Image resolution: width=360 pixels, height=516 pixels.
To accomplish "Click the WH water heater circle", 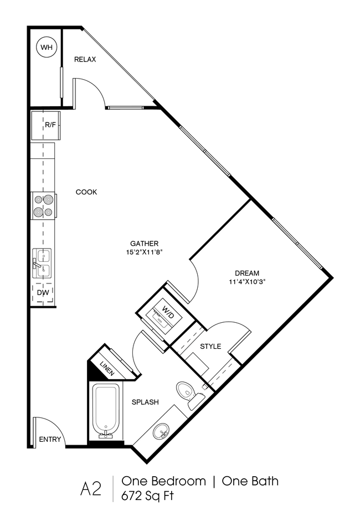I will pos(45,48).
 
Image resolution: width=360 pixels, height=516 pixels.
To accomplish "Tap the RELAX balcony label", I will pos(85,59).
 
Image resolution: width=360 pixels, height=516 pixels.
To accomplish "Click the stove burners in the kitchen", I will pos(44,205).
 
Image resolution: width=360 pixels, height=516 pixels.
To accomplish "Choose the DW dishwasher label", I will pos(43,292).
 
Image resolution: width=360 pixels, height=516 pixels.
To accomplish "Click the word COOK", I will pos(86,192).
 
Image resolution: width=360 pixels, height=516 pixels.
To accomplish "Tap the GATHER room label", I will pos(145,243).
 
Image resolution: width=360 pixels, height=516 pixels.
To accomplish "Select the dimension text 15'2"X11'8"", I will pos(145,252).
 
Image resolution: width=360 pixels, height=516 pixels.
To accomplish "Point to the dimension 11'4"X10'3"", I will pos(246,281).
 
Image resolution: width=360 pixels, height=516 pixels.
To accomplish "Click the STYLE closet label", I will pos(210,347).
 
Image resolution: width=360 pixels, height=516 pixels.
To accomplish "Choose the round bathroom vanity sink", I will pos(162,430).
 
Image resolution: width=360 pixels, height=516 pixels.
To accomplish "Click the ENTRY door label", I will pos(49,440).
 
